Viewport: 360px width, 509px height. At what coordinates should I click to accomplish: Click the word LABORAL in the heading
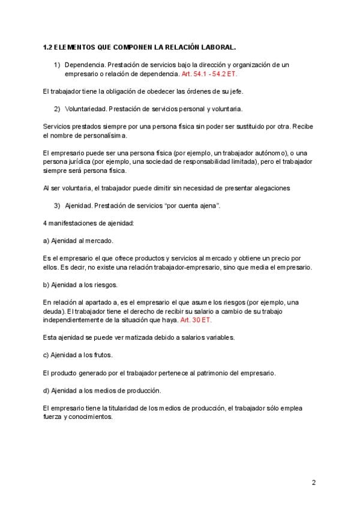click(x=215, y=46)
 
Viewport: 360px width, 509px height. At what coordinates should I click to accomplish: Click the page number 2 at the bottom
click(x=313, y=482)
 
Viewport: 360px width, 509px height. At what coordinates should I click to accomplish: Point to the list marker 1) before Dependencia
click(x=57, y=65)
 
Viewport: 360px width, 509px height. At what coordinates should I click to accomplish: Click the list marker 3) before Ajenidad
click(x=57, y=206)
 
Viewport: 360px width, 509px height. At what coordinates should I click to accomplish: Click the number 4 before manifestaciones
click(x=46, y=223)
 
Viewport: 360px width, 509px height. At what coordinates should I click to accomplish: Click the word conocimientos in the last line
click(x=91, y=417)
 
